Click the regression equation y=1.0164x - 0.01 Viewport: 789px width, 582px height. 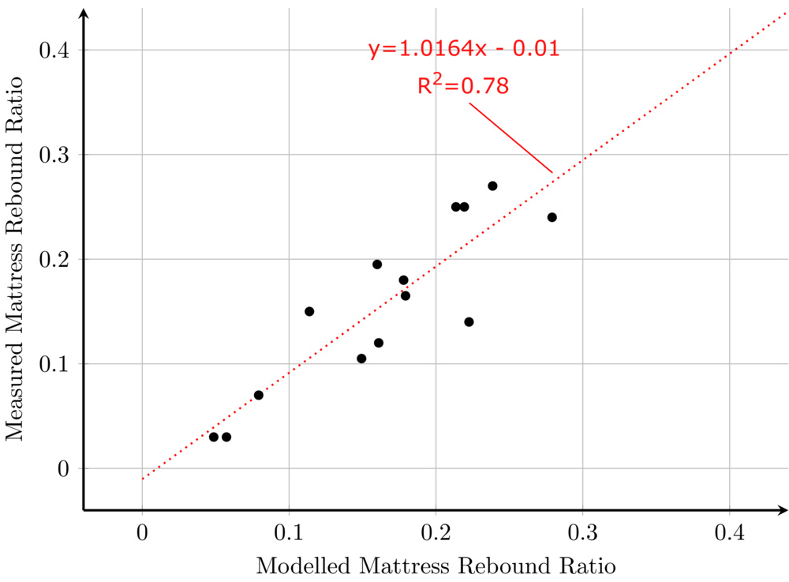464,49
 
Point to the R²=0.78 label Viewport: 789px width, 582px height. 463,85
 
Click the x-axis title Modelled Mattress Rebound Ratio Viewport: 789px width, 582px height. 436,565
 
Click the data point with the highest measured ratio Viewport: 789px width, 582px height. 492,186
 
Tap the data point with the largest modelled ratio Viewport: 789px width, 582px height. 552,217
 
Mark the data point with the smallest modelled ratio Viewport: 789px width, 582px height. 213,437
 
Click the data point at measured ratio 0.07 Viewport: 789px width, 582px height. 258,395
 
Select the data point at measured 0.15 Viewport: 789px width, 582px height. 309,311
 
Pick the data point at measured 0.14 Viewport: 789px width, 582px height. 469,321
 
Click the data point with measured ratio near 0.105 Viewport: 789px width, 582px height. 361,359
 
